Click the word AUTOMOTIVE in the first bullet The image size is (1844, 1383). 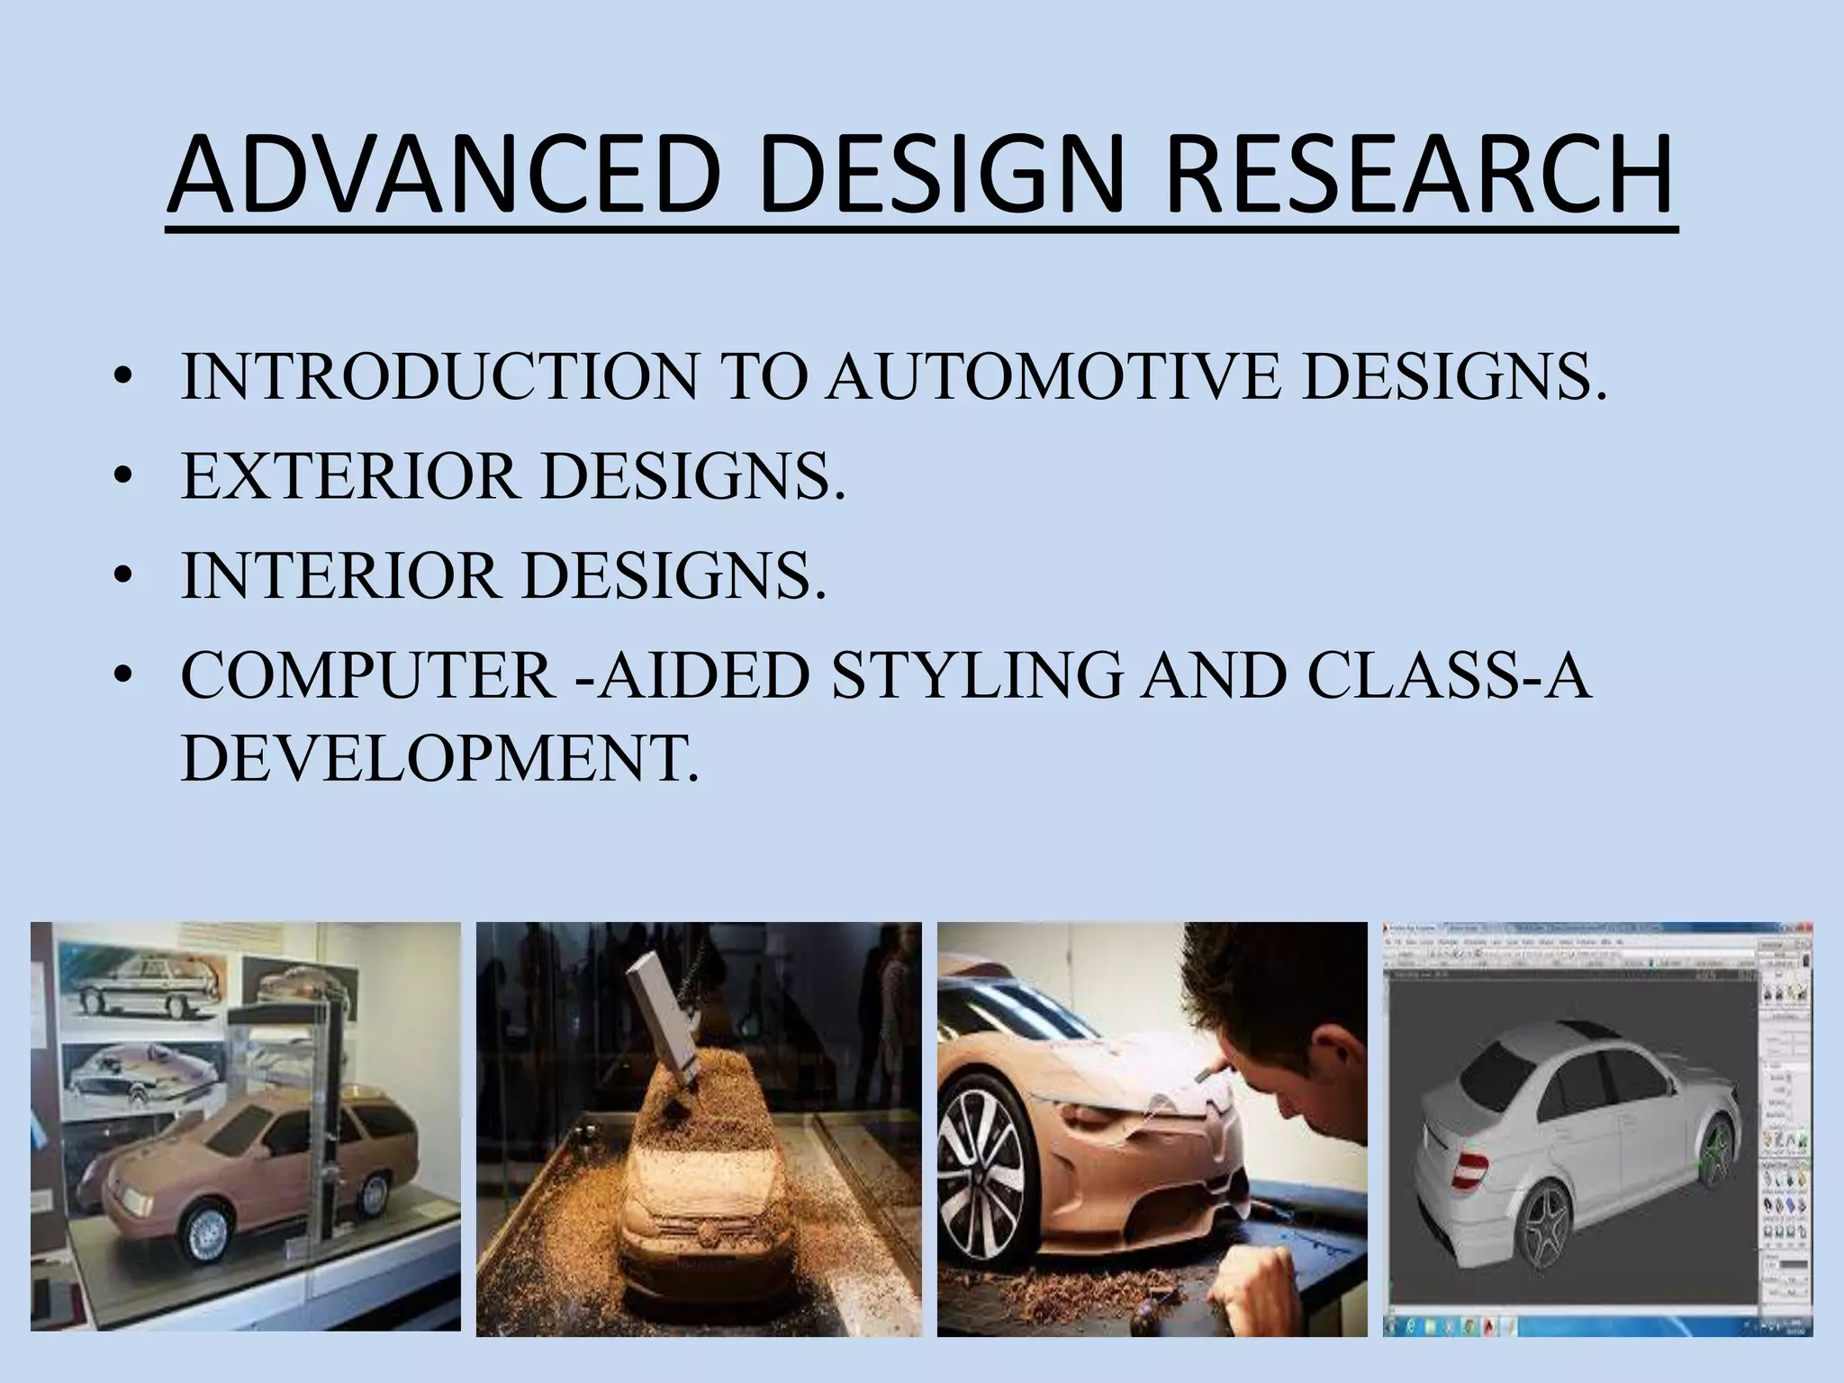click(x=1055, y=376)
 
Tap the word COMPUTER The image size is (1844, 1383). click(x=367, y=674)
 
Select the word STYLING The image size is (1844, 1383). click(x=975, y=674)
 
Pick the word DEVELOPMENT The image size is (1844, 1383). click(x=438, y=757)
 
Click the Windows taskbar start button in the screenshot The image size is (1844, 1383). click(x=1398, y=1327)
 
